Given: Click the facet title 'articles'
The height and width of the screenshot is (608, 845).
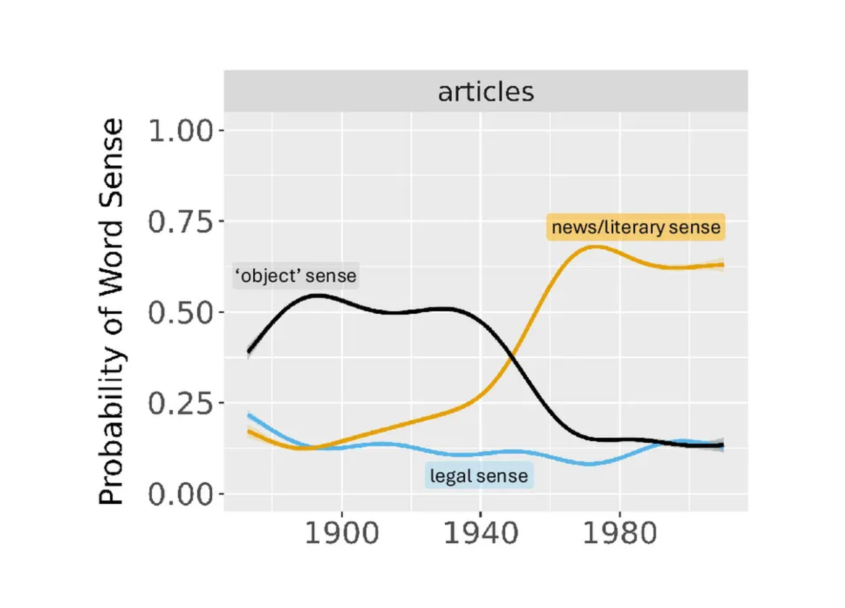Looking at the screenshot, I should [x=486, y=91].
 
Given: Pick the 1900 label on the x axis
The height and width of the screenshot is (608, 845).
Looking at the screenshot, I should [x=342, y=536].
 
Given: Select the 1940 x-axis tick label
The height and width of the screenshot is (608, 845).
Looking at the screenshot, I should [x=480, y=536].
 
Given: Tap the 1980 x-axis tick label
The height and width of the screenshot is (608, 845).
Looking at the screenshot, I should [x=619, y=536].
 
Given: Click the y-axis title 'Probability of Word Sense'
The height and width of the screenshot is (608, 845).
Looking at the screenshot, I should [x=112, y=312].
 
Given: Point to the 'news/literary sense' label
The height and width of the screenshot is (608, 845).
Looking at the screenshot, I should [x=636, y=227].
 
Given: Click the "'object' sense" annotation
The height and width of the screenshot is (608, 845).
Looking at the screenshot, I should [x=295, y=276].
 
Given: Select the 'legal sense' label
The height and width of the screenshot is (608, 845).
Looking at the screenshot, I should [x=479, y=476].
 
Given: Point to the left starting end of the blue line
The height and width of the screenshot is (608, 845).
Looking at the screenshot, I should [x=249, y=415].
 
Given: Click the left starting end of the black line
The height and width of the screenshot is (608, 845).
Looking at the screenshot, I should [x=249, y=352].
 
